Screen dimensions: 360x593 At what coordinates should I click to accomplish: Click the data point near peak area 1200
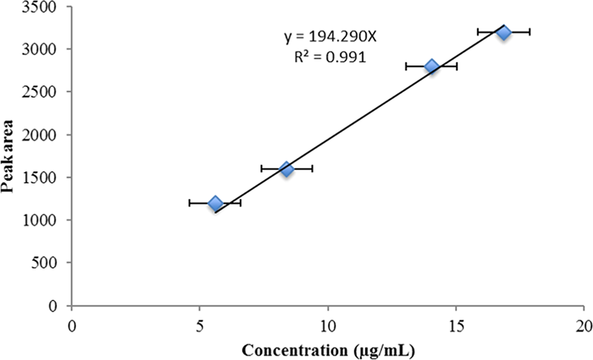pos(215,203)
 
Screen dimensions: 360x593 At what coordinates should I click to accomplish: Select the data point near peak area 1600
pos(287,169)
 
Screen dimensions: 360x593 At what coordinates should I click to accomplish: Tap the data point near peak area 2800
pos(431,66)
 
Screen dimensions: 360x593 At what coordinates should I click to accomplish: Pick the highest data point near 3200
pos(503,32)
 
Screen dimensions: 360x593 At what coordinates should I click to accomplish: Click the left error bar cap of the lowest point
pos(190,203)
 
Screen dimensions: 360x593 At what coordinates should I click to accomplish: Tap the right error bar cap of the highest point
pos(530,32)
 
